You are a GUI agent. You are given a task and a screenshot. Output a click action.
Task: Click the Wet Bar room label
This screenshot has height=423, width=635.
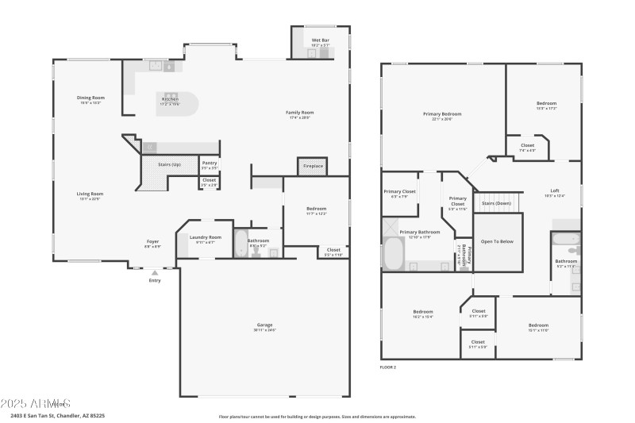[x=321, y=40]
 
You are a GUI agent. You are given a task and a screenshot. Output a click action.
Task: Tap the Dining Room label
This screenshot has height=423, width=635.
[x=91, y=98]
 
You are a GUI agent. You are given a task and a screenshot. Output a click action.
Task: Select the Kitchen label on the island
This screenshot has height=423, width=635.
[x=171, y=100]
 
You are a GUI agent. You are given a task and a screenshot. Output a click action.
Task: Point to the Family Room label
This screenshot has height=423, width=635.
[x=300, y=113]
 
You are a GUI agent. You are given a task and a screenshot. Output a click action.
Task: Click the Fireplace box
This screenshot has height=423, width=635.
[x=312, y=167]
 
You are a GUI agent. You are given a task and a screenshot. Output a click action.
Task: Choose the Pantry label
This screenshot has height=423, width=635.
[x=209, y=163]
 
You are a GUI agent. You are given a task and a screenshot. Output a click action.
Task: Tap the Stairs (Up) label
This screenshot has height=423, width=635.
[x=169, y=164]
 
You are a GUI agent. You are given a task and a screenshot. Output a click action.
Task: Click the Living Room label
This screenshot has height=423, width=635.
[x=90, y=194]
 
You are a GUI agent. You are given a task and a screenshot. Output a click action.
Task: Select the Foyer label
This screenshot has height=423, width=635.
[x=152, y=242]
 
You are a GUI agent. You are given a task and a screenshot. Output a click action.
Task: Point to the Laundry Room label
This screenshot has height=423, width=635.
[x=205, y=238]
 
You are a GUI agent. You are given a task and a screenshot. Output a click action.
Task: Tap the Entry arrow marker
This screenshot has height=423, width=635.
[x=155, y=272]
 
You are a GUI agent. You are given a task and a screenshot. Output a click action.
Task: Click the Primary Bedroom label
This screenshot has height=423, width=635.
[x=442, y=114]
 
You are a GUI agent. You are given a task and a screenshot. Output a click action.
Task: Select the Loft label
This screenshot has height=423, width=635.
[x=555, y=191]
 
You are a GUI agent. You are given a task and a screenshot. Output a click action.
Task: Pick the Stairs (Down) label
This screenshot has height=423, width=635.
[x=498, y=203]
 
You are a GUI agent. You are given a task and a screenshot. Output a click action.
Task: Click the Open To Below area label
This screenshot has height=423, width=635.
[x=498, y=241]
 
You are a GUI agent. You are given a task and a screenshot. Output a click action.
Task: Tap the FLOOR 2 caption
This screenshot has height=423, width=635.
[x=388, y=367]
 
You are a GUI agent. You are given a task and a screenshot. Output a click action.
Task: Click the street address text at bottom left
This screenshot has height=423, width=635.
[x=58, y=415]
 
